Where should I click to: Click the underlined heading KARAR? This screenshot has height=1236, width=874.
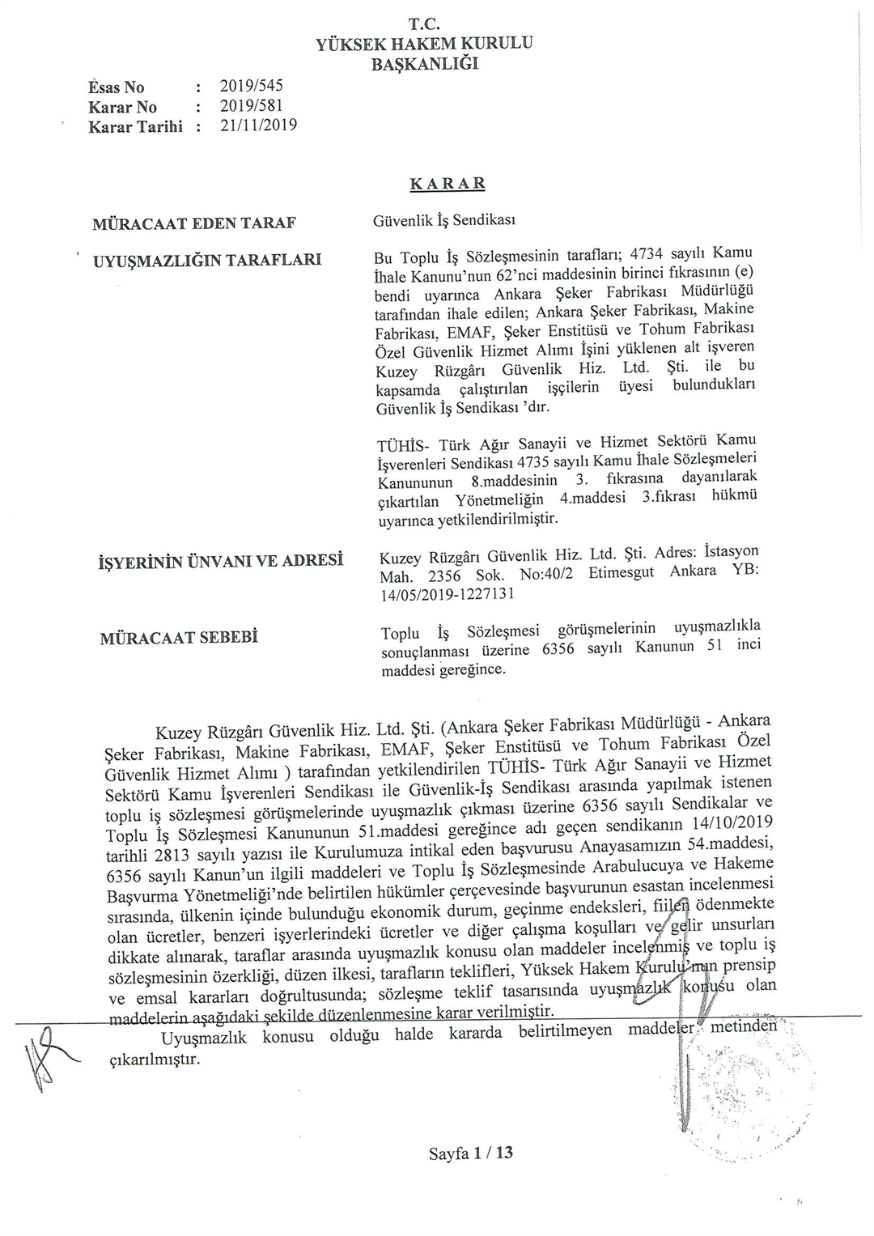[x=448, y=184]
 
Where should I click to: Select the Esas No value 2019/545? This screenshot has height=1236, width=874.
[x=252, y=86]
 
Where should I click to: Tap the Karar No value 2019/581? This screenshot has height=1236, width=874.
[x=252, y=106]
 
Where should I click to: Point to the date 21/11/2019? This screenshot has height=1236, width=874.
[x=258, y=125]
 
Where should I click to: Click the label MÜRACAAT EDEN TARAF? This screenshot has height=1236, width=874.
[x=195, y=223]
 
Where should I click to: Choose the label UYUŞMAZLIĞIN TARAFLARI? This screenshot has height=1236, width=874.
[x=208, y=260]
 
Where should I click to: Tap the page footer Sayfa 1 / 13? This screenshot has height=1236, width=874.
[x=471, y=1153]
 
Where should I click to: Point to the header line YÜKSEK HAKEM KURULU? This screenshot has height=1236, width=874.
[x=425, y=44]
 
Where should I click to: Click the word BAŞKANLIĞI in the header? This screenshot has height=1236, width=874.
[x=425, y=63]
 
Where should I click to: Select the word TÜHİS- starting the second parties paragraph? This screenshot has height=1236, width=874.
[x=404, y=446]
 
